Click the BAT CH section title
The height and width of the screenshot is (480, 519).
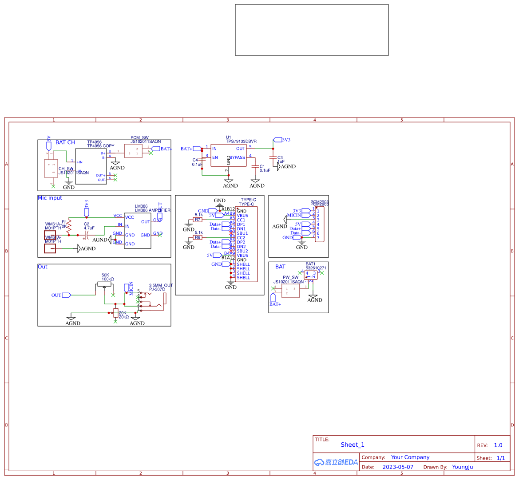pyautogui.click(x=65, y=142)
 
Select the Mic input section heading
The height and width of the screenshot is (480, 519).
pyautogui.click(x=50, y=198)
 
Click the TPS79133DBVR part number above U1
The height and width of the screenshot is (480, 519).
pyautogui.click(x=241, y=142)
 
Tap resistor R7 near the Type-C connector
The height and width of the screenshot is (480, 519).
pyautogui.click(x=198, y=220)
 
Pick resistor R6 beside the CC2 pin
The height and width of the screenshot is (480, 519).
pyautogui.click(x=198, y=237)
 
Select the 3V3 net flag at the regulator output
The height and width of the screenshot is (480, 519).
pyautogui.click(x=278, y=140)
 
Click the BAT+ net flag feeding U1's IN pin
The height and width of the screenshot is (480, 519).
pyautogui.click(x=197, y=149)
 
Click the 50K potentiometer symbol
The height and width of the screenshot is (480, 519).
pyautogui.click(x=104, y=284)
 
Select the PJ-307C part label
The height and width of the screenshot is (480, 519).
pyautogui.click(x=157, y=289)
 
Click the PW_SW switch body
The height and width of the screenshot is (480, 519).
pyautogui.click(x=290, y=291)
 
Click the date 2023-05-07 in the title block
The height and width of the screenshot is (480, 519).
pyautogui.click(x=397, y=467)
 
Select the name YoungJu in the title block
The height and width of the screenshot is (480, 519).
pyautogui.click(x=462, y=467)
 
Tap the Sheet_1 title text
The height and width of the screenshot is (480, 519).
pyautogui.click(x=353, y=445)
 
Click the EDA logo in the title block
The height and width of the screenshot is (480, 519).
pyautogui.click(x=336, y=462)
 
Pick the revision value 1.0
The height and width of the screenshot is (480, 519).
pyautogui.click(x=498, y=445)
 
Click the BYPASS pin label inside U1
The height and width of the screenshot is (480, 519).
pyautogui.click(x=238, y=157)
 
